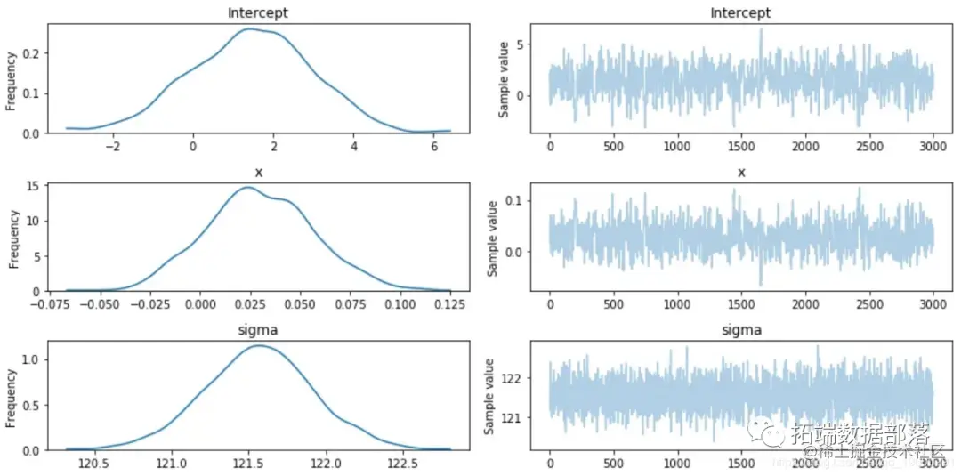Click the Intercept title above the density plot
click(x=258, y=12)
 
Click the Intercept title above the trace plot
click(x=740, y=12)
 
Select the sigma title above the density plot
click(x=258, y=330)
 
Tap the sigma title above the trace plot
click(x=740, y=330)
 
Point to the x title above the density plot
click(x=258, y=172)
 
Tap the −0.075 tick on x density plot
click(x=66, y=304)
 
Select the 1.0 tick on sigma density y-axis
click(x=31, y=359)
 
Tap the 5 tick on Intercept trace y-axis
click(x=523, y=44)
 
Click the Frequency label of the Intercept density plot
click(x=11, y=80)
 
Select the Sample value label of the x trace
click(x=492, y=238)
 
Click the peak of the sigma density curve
click(x=259, y=346)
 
